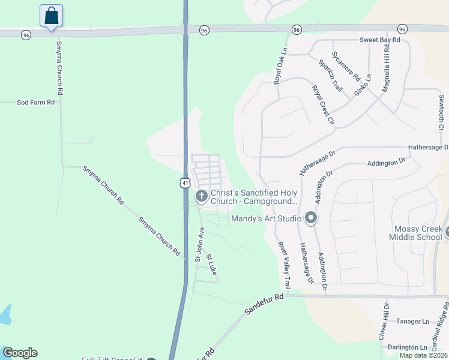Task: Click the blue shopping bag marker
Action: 52,16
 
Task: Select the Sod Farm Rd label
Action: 35,103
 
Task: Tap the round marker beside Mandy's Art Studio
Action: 310,218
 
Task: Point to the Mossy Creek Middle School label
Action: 418,233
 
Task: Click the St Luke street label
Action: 211,265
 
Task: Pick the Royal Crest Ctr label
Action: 322,104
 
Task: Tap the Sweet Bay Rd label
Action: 379,40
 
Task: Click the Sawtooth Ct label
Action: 441,112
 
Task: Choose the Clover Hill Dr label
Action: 383,322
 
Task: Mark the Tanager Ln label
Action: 413,322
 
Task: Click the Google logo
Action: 20,353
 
